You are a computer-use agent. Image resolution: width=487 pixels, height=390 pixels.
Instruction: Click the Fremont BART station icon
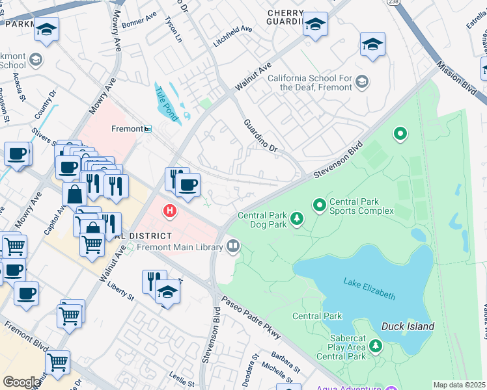coord(148,129)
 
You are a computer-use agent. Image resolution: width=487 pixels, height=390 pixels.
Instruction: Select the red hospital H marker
coord(170,211)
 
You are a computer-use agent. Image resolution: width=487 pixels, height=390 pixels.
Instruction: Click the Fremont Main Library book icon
coord(232,246)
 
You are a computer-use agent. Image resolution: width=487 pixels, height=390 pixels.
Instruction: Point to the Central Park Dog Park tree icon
coord(297,218)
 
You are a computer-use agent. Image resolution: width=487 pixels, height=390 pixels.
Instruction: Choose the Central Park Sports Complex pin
coord(320,205)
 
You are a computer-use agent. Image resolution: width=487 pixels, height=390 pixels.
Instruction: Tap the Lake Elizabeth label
coord(369,288)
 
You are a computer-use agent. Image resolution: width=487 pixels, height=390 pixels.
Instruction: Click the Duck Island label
coord(408,326)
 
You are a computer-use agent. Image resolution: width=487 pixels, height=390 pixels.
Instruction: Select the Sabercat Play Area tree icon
coord(376,348)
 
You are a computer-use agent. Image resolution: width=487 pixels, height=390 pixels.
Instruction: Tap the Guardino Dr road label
coord(260,136)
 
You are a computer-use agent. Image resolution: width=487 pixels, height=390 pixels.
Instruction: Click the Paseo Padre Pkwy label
coord(250,318)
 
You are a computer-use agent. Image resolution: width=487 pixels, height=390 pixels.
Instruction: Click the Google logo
coord(21,382)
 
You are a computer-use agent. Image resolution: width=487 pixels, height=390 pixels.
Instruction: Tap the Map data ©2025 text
coord(459,385)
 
